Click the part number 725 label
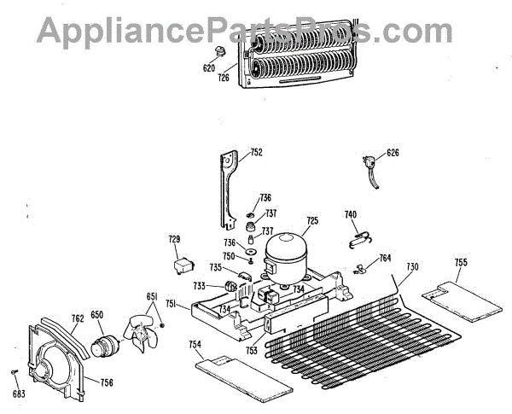[311, 220]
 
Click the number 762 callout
[77, 319]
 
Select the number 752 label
[256, 154]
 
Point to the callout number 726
[224, 78]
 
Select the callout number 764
[385, 258]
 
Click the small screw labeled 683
[16, 372]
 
